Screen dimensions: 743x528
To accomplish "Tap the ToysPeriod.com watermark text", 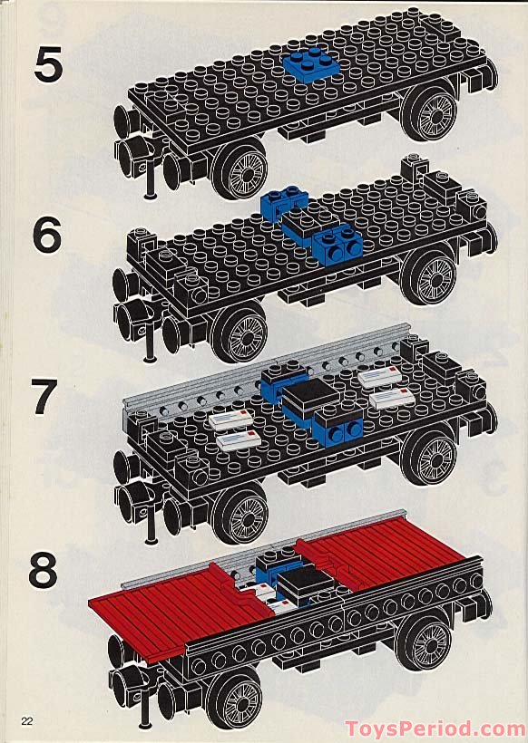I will coord(434,728).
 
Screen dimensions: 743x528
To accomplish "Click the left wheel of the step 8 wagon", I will coord(238,698).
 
